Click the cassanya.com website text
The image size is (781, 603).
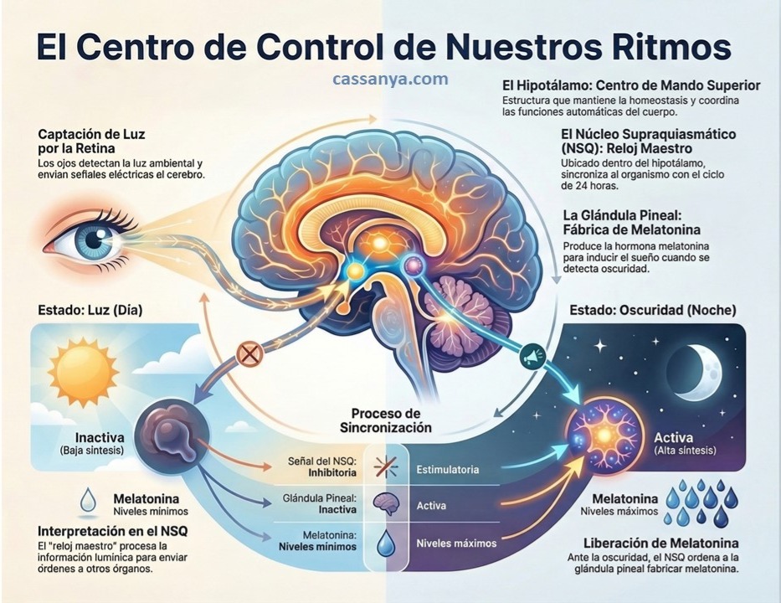coord(389,80)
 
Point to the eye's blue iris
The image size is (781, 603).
coord(87,240)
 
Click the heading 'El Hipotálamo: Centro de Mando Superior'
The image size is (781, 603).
coord(631,85)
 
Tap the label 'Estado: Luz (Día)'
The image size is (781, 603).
coord(90,310)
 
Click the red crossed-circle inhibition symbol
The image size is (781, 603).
coord(249,353)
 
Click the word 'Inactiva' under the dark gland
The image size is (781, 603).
coord(100,437)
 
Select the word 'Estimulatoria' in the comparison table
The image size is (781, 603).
coord(448,470)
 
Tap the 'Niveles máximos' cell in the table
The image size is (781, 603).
coord(456,543)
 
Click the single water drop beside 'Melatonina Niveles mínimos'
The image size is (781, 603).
coord(88,502)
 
